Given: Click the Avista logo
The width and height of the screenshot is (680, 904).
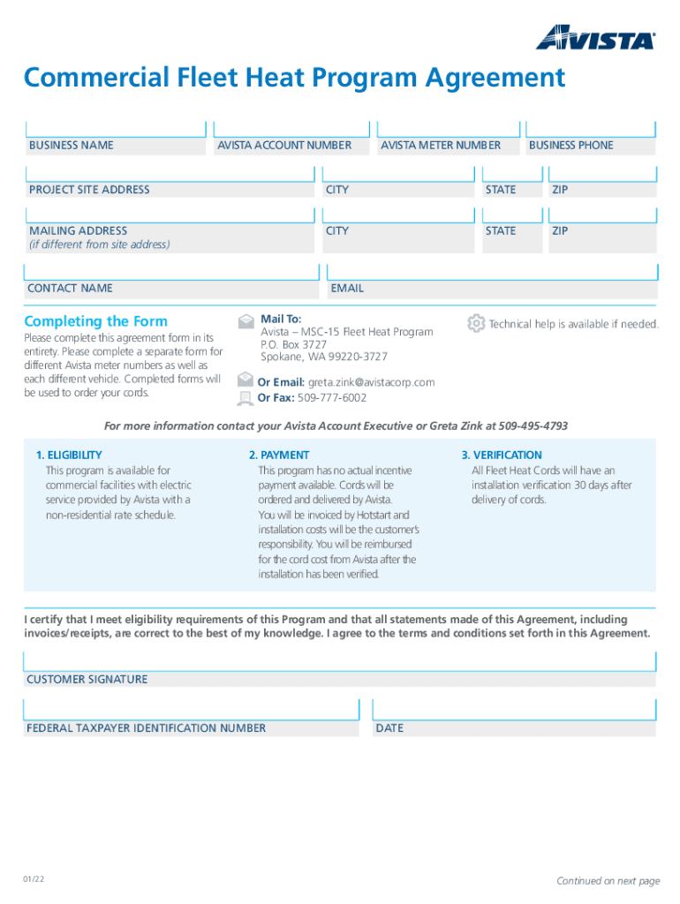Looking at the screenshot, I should (595, 37).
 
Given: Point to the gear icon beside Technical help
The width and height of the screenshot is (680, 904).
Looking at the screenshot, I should (476, 323).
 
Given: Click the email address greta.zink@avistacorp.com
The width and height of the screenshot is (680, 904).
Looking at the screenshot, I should (371, 382).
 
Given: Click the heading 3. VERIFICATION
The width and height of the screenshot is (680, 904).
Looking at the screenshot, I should (502, 456).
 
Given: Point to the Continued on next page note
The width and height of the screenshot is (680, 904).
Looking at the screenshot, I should (608, 881).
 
